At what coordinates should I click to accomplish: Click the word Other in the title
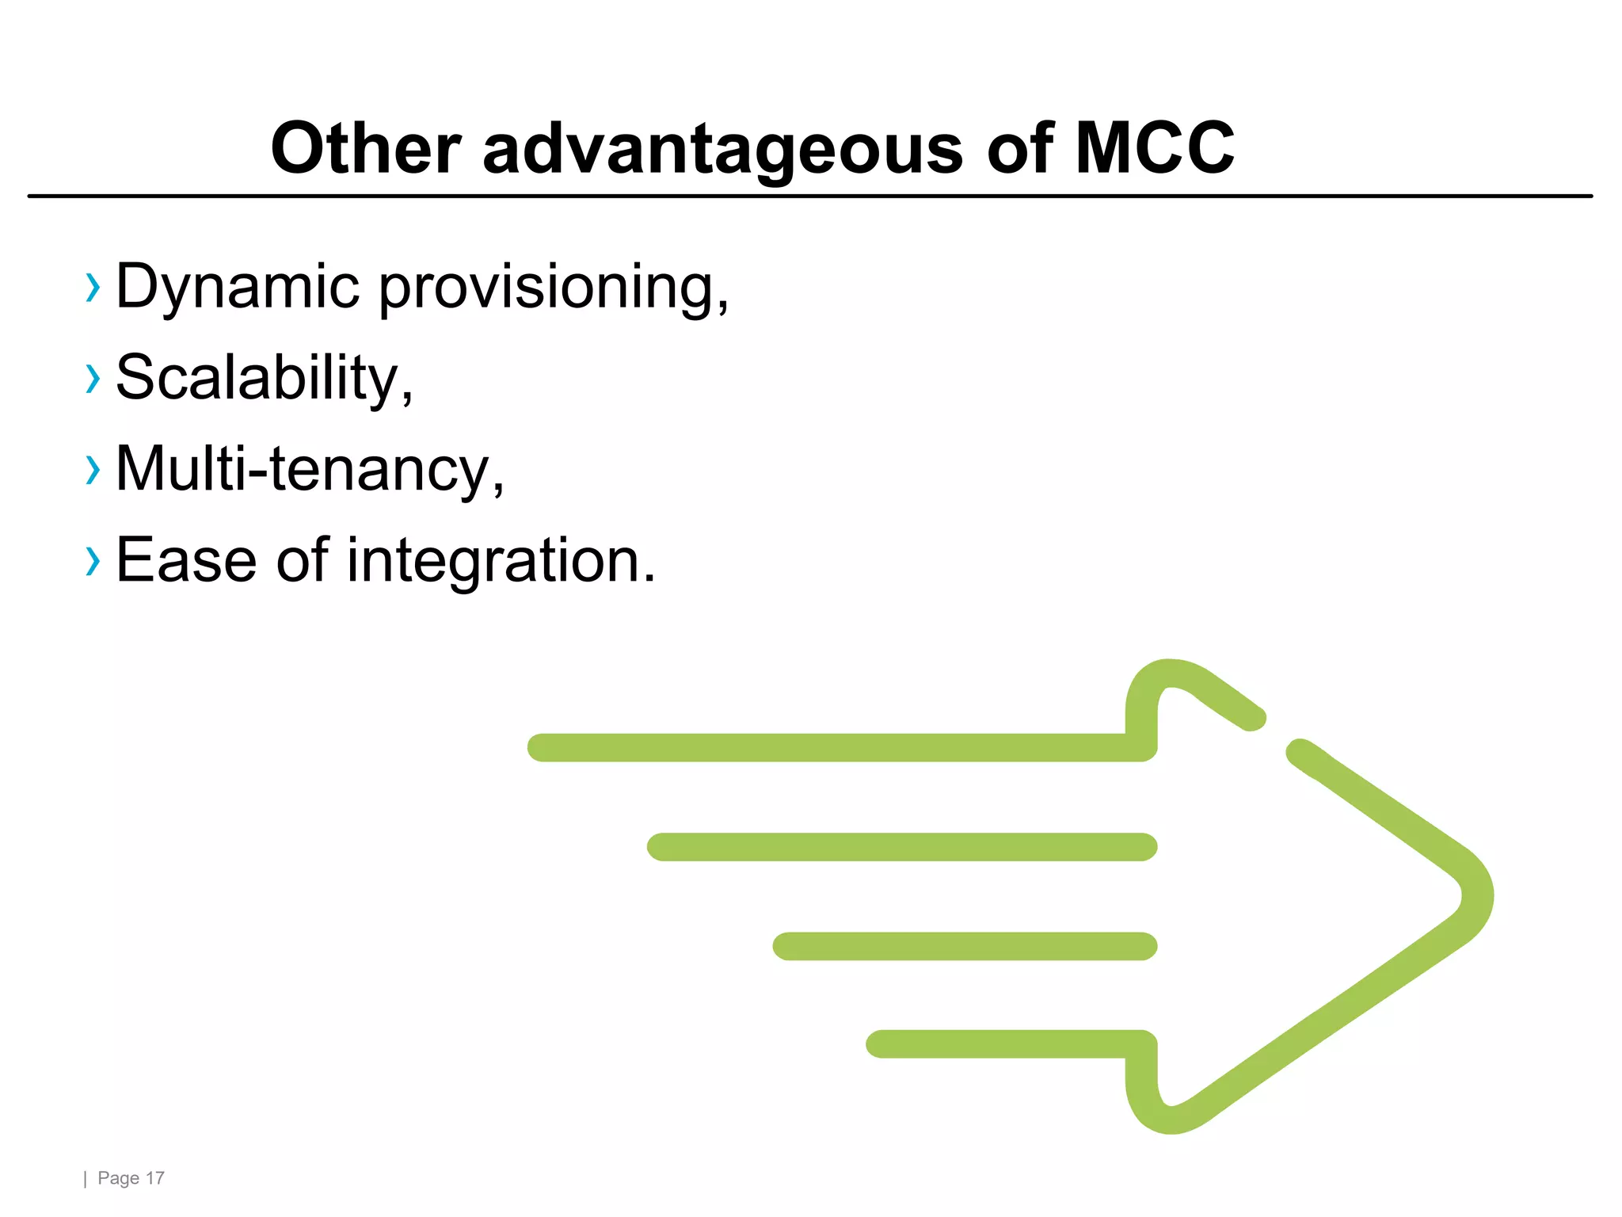pyautogui.click(x=365, y=148)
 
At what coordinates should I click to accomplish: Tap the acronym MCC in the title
pyautogui.click(x=1154, y=148)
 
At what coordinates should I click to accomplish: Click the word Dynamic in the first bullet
pyautogui.click(x=238, y=287)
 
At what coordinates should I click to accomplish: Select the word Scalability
pyautogui.click(x=264, y=379)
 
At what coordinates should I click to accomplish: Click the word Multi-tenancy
pyautogui.click(x=309, y=470)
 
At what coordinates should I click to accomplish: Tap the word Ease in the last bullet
pyautogui.click(x=186, y=560)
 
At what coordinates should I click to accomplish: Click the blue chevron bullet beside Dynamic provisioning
pyautogui.click(x=93, y=288)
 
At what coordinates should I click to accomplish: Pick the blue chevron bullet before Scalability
pyautogui.click(x=93, y=379)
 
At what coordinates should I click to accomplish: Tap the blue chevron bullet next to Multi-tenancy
pyautogui.click(x=93, y=470)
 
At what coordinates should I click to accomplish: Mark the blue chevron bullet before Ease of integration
pyautogui.click(x=93, y=561)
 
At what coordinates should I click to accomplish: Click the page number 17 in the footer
pyautogui.click(x=155, y=1178)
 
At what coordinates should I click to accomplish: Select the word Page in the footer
pyautogui.click(x=118, y=1178)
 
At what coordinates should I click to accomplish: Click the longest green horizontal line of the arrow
pyautogui.click(x=832, y=748)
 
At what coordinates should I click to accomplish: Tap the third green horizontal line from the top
pyautogui.click(x=965, y=946)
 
